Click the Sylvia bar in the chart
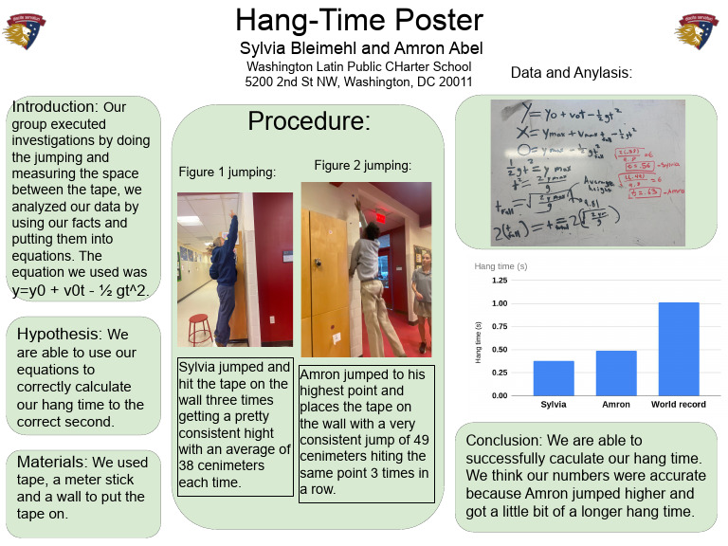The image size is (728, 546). click(x=553, y=377)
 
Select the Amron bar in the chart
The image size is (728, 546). click(x=616, y=373)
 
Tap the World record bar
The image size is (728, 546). click(x=678, y=349)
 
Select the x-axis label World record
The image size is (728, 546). click(x=678, y=405)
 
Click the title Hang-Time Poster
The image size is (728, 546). click(x=359, y=21)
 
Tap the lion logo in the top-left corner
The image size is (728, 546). click(x=25, y=31)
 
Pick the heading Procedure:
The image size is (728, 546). click(x=309, y=121)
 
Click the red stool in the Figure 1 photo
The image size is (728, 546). click(x=200, y=328)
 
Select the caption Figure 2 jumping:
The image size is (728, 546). click(x=362, y=165)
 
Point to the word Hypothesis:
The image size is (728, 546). click(x=60, y=335)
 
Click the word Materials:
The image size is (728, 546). click(x=52, y=462)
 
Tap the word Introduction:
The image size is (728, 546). click(x=55, y=106)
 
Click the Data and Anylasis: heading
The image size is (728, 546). click(x=571, y=72)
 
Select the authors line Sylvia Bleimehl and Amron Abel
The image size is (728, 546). click(x=359, y=48)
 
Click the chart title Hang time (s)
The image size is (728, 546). click(x=501, y=265)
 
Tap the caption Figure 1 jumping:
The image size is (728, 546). click(x=227, y=172)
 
